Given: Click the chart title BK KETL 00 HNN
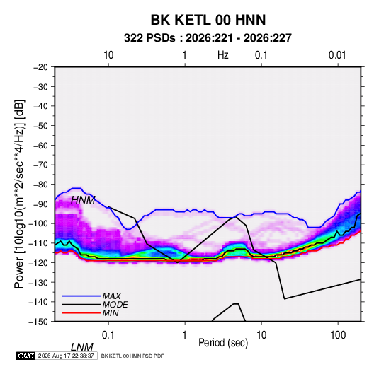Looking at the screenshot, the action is pos(208,20).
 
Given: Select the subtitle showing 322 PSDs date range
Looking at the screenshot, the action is pos(208,38).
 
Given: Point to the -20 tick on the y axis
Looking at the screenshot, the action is pos(40,67).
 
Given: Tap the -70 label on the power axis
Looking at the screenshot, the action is pos(40,165).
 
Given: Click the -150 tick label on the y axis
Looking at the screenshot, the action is pos(39,322).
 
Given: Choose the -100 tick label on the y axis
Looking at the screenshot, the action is pos(39,223).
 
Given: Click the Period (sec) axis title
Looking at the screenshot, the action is pos(223,343).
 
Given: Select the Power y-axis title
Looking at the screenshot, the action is pos(19,194).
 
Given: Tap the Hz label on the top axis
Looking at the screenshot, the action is pos(223,55).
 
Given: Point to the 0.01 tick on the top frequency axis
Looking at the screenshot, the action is pos(337,55).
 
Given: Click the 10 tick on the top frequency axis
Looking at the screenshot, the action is pos(108,55).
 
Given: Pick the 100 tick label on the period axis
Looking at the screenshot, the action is pos(338,335).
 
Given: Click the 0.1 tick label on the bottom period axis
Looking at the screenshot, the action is pos(108,335).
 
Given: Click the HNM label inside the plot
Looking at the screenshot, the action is pos(83,200).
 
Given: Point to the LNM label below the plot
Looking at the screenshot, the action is pos(81,347).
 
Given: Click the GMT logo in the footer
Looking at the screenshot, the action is pos(26,356).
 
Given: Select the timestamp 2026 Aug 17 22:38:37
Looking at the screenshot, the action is pos(66,356).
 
